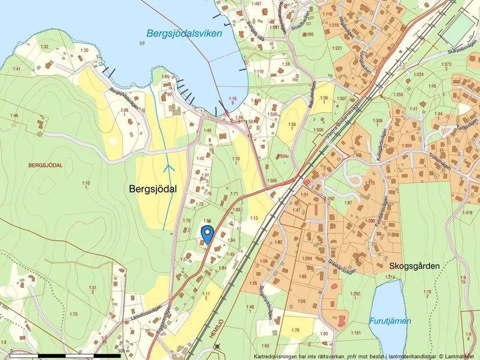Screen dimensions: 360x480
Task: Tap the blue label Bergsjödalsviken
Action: pyautogui.click(x=184, y=34)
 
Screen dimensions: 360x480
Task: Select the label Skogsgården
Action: pyautogui.click(x=412, y=265)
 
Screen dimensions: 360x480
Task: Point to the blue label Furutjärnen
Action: pyautogui.click(x=390, y=320)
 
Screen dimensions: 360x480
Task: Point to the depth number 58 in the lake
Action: pyautogui.click(x=142, y=44)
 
